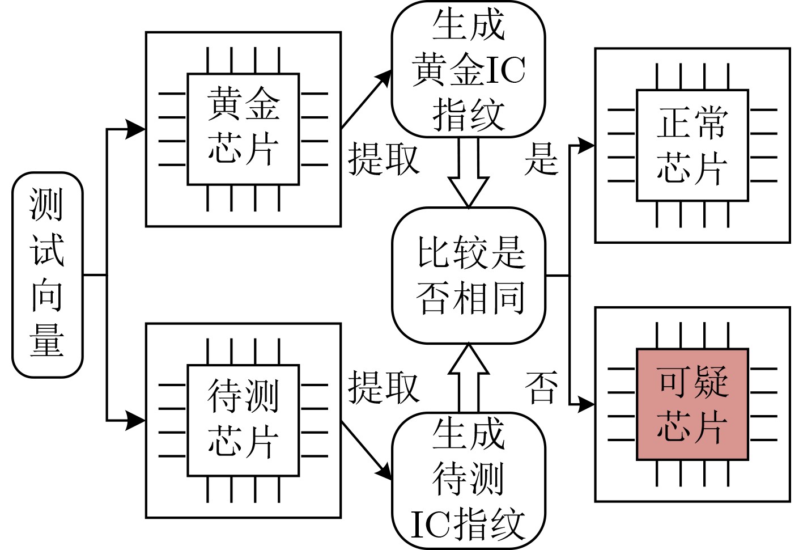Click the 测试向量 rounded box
[x=47, y=275]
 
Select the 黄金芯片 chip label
[x=243, y=128]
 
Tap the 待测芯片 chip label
[x=243, y=420]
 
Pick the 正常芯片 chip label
[x=692, y=145]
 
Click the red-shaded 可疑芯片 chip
[x=692, y=404]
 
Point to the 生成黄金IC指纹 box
[x=468, y=69]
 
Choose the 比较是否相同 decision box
[x=468, y=276]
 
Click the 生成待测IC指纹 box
[x=468, y=481]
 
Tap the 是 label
[x=541, y=159]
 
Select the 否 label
[x=541, y=388]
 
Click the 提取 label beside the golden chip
[x=384, y=159]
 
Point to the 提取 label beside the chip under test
[x=384, y=388]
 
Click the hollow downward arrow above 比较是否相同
[x=468, y=173]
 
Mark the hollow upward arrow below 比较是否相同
[x=468, y=377]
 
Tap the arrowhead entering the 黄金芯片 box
[x=136, y=129]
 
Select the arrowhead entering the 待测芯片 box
[x=136, y=420]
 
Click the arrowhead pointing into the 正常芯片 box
[x=586, y=146]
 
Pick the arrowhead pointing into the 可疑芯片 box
[x=586, y=404]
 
